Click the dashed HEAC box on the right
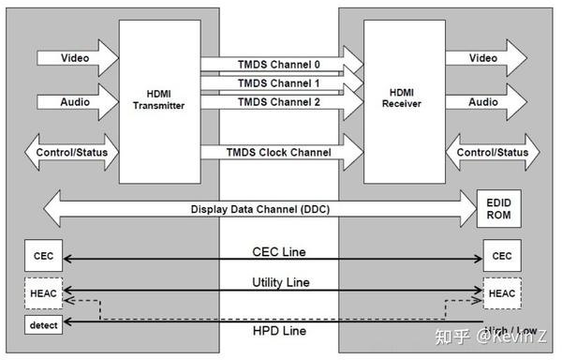click(501, 293)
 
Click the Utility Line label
click(279, 281)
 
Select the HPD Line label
click(279, 331)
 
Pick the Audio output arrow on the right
click(485, 102)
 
